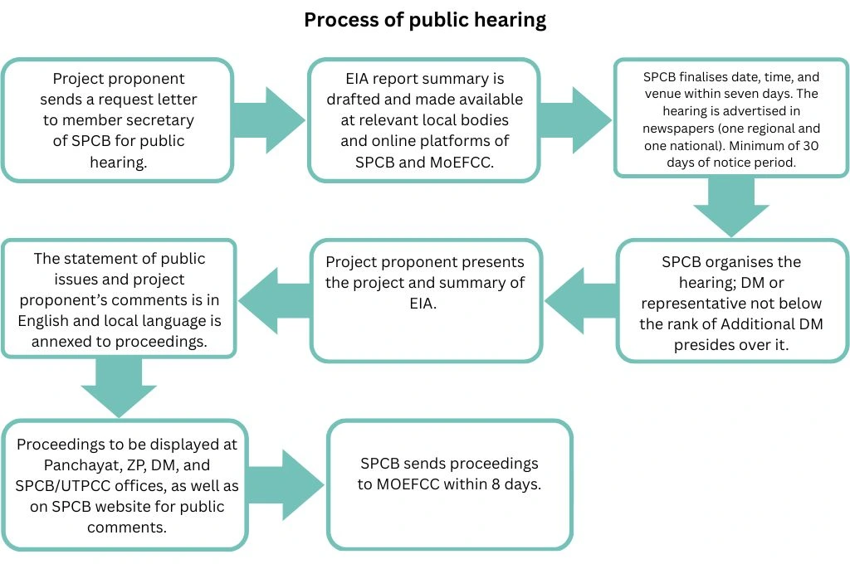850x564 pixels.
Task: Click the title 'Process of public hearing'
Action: pos(424,20)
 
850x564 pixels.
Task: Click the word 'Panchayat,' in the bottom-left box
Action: pos(55,465)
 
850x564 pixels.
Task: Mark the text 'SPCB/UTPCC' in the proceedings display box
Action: pos(56,486)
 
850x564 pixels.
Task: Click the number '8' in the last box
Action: pos(486,484)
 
